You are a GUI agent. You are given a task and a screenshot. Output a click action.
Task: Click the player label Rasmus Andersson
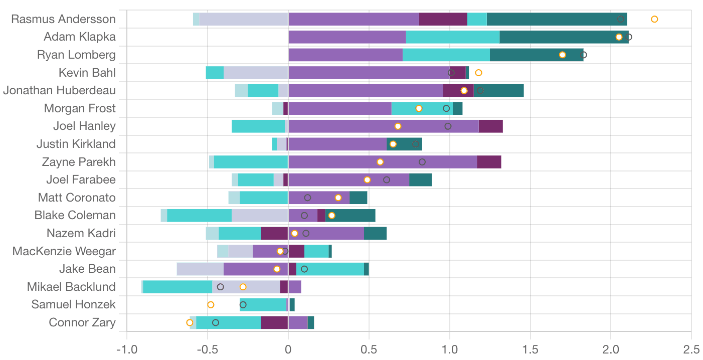tap(63, 19)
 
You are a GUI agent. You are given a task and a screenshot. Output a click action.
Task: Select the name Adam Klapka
tap(80, 37)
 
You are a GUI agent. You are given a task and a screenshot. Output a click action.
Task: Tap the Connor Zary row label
tap(82, 322)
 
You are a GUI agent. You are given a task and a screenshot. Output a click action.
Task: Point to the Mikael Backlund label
tap(71, 287)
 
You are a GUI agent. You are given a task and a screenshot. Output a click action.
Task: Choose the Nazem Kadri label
tap(81, 233)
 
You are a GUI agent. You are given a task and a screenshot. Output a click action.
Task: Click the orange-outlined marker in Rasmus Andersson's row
tap(654, 19)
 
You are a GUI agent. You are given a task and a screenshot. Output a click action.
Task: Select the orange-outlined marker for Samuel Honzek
tap(211, 305)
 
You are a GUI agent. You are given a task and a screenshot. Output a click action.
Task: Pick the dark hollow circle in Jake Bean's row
tap(304, 269)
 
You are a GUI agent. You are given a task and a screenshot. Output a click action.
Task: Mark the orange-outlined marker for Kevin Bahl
tap(478, 73)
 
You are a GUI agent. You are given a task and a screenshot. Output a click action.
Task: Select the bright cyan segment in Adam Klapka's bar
tap(453, 37)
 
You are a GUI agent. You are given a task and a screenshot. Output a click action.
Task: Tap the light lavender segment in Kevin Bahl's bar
tap(256, 73)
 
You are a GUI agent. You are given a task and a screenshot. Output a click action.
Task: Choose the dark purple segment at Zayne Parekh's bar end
tap(489, 162)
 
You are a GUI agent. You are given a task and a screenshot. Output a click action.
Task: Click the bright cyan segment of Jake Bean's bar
tap(330, 269)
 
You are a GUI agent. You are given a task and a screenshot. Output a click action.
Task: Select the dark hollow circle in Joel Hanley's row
tap(448, 126)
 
